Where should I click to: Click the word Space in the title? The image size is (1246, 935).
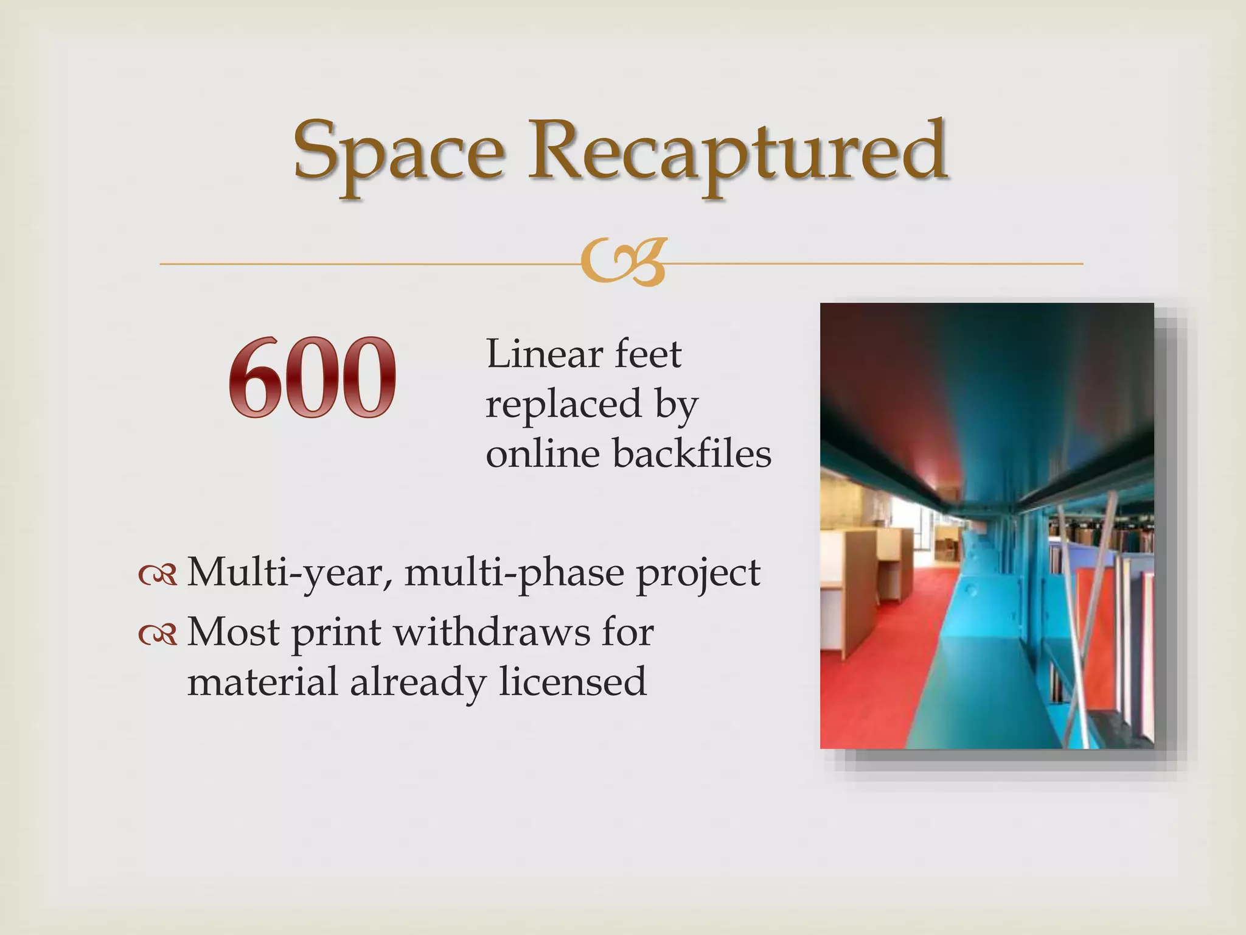tap(399, 152)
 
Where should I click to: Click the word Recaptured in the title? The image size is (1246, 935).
tap(736, 152)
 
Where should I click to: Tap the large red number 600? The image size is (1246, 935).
tap(312, 377)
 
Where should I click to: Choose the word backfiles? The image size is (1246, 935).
tap(692, 453)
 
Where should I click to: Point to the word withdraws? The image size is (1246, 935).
tap(492, 632)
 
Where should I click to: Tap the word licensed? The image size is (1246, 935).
tap(573, 682)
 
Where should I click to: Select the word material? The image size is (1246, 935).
tap(262, 682)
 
